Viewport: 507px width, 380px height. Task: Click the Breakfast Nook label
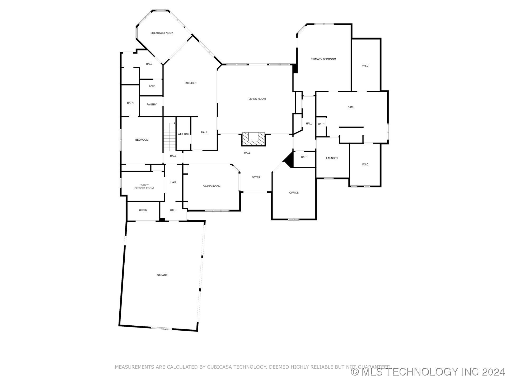coord(162,33)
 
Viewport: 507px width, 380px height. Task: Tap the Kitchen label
coord(191,83)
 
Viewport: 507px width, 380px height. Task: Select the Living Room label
coord(257,99)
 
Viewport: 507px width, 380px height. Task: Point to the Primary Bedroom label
coord(323,59)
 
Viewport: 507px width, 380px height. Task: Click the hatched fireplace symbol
coord(253,139)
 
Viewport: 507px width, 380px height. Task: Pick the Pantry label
coord(152,104)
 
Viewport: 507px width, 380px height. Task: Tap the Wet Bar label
coord(183,134)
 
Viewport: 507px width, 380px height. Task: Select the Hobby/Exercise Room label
coord(144,187)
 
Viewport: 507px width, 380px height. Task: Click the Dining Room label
coord(212,186)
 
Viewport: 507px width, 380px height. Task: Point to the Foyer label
coord(256,177)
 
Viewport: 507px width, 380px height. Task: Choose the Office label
coord(294,193)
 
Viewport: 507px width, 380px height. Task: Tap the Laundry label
coord(332,158)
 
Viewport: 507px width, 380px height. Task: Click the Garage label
coord(162,275)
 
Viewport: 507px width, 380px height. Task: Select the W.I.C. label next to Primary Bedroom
coord(365,66)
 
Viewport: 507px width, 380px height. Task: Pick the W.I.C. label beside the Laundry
coord(365,164)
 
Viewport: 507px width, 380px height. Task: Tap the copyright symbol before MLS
coord(355,372)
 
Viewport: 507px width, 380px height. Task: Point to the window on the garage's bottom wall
coord(161,328)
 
